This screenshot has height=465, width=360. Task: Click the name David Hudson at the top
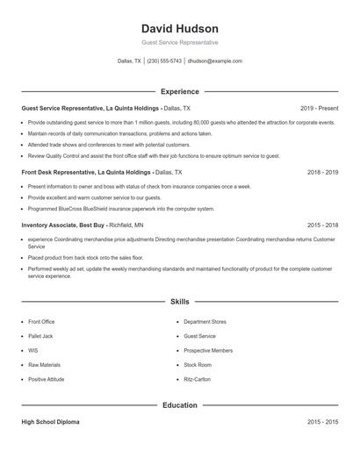click(x=179, y=29)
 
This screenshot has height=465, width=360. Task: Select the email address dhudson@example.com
click(x=215, y=61)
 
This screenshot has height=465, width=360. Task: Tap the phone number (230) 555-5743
click(x=164, y=61)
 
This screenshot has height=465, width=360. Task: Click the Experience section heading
click(x=179, y=91)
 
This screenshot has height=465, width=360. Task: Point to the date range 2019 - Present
click(x=319, y=108)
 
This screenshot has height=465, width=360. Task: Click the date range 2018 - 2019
click(x=322, y=173)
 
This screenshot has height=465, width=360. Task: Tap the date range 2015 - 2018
click(x=322, y=225)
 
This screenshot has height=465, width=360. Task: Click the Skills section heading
click(x=179, y=301)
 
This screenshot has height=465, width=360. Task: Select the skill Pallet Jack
click(x=41, y=336)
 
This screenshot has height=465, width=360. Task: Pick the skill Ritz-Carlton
click(x=198, y=379)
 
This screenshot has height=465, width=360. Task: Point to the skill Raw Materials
click(x=45, y=365)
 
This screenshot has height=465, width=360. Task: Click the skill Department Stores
click(x=205, y=322)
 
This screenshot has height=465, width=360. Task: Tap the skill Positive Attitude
click(x=47, y=379)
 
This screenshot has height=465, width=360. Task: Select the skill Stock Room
click(x=198, y=365)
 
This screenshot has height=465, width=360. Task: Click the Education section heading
click(x=179, y=405)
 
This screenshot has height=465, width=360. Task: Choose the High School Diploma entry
click(x=50, y=422)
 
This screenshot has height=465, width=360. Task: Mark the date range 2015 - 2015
click(x=322, y=422)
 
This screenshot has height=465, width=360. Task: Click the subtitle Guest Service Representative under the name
click(x=179, y=42)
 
